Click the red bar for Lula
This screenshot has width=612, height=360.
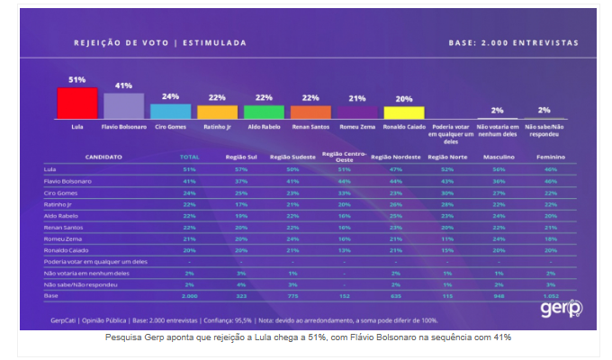tap(76, 103)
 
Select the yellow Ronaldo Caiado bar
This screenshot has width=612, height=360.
tap(403, 112)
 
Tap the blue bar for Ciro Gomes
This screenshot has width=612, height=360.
tap(170, 111)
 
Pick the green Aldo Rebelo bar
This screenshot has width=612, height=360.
tap(264, 112)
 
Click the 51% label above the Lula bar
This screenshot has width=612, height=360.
tap(76, 80)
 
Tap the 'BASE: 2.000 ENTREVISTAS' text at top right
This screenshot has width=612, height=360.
tap(513, 42)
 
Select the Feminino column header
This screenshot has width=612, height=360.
tap(550, 157)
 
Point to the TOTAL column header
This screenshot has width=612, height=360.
tap(189, 157)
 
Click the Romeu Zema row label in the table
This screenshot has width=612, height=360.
tap(61, 238)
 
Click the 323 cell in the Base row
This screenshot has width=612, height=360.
tap(239, 294)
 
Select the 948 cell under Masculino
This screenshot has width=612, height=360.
tap(499, 294)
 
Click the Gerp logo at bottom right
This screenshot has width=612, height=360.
tap(562, 309)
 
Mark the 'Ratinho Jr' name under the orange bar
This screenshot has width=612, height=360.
tap(217, 127)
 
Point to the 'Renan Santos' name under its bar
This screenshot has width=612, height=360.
tap(310, 127)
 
